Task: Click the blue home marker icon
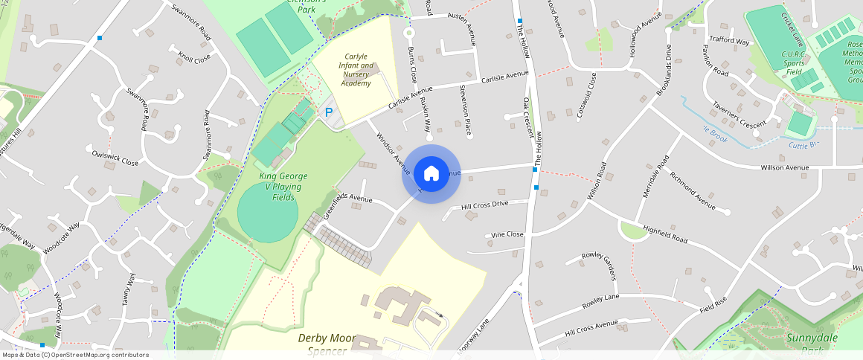click(431, 174)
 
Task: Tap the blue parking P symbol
click(328, 112)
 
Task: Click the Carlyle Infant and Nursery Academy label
click(356, 70)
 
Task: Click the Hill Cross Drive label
click(484, 204)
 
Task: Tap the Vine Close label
click(507, 234)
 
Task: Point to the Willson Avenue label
click(784, 168)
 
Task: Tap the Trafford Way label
click(729, 41)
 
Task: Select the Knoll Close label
click(194, 57)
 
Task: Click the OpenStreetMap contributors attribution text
click(75, 355)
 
